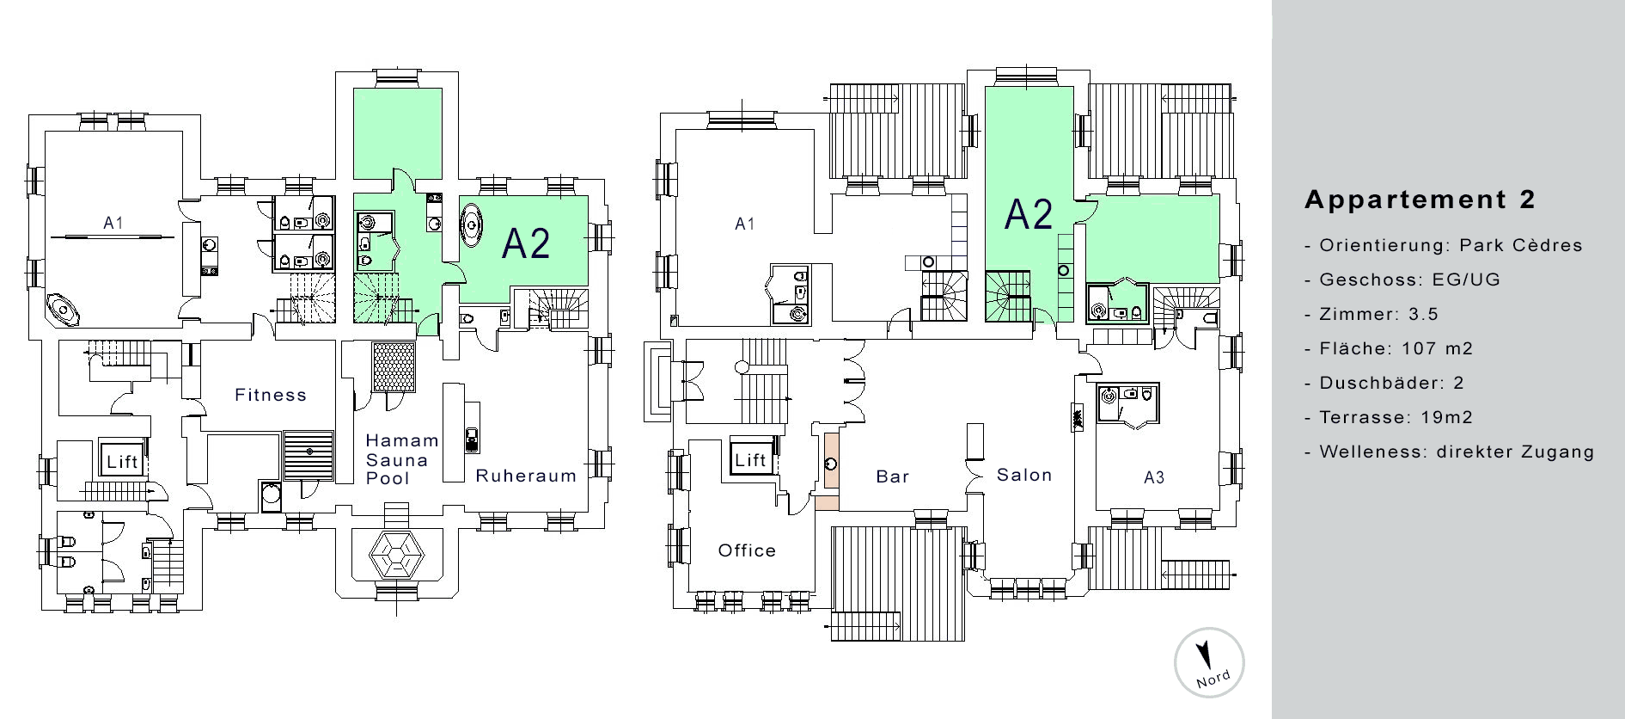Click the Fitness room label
point(271,395)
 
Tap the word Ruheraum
point(526,476)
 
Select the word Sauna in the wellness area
point(397,460)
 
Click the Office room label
point(747,550)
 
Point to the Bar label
point(893,476)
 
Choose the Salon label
point(1024,475)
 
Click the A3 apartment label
point(1154,478)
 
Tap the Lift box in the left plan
point(122,461)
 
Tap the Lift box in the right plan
point(750,459)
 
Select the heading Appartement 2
point(1420,200)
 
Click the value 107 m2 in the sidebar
point(1437,348)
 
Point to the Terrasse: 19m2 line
point(1388,417)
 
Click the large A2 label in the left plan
point(526,243)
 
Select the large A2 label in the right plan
point(1029,214)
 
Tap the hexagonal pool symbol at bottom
point(397,556)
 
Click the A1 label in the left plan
point(113,223)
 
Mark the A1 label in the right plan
point(745,224)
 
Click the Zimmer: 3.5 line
point(1371,314)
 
